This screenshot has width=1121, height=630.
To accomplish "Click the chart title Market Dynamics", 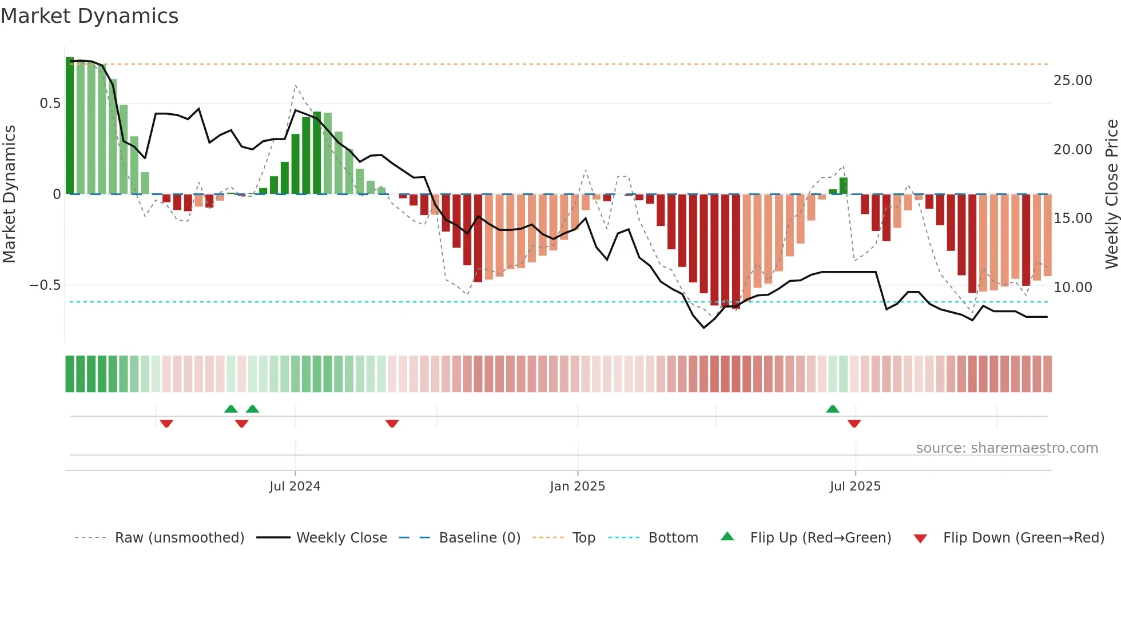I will [90, 16].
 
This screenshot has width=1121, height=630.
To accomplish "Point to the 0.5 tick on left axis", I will [50, 103].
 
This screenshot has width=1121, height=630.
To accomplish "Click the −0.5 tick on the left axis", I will [45, 285].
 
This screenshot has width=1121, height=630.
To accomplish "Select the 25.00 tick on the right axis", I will [1072, 81].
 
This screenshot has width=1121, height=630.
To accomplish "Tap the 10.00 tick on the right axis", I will [1072, 288].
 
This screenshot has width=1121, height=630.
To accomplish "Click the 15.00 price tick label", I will [1072, 218].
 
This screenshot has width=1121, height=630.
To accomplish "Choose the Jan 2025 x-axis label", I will [577, 487].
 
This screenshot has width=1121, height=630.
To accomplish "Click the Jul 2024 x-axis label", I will [295, 487].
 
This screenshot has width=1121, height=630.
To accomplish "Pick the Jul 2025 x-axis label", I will [855, 487].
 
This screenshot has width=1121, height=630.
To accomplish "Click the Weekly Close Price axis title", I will [1111, 194].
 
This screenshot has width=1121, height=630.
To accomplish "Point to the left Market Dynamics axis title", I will [9, 194].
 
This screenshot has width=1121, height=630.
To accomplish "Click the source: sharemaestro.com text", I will [1007, 448].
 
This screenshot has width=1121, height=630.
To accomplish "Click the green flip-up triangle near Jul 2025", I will [833, 409].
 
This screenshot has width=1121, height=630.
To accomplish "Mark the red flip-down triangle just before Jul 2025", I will [854, 424].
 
